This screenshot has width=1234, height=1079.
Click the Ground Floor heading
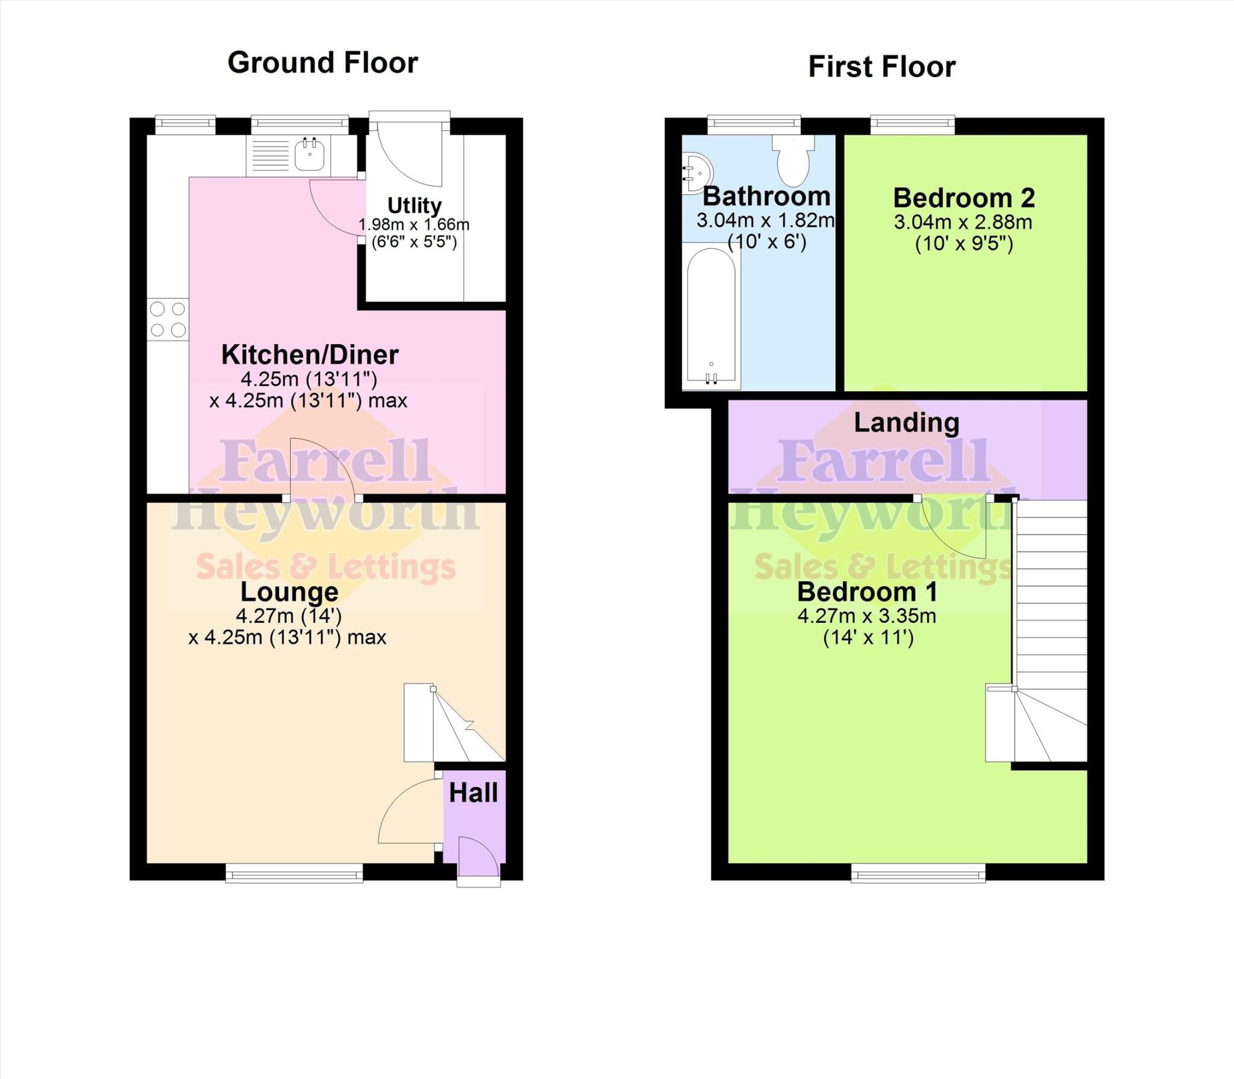point(322,63)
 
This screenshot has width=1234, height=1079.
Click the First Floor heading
point(882,67)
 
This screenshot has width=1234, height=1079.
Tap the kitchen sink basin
point(310,155)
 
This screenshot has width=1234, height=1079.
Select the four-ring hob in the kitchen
point(168,319)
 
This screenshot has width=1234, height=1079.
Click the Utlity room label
point(414,206)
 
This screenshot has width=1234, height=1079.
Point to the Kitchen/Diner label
point(310,354)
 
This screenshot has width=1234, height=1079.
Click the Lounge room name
point(289,592)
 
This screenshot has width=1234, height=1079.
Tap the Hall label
point(473,793)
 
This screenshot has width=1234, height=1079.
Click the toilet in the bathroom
point(794,160)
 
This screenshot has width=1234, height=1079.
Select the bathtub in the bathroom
point(711,316)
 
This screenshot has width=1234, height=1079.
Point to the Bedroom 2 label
point(964,198)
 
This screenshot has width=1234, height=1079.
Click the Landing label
point(906,423)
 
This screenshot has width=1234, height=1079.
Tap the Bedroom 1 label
point(867,592)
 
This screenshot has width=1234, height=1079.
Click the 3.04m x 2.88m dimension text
point(963,222)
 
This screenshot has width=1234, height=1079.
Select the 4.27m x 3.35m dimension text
point(866,616)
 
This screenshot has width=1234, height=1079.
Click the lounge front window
point(294,873)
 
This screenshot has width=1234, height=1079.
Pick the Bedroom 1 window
point(918,873)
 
